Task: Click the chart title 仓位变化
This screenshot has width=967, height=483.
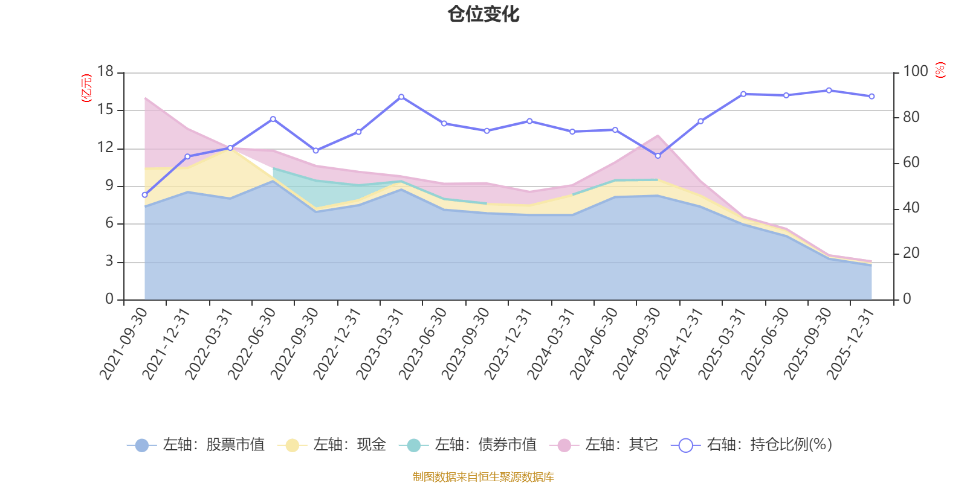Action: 483,14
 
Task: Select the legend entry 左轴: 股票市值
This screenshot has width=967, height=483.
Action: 196,446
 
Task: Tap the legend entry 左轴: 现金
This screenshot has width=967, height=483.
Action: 332,446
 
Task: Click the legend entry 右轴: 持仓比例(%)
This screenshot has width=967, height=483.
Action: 752,446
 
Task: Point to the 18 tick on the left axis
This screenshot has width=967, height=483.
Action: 105,72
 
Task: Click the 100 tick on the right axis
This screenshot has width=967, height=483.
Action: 916,72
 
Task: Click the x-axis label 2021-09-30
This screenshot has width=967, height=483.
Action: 124,343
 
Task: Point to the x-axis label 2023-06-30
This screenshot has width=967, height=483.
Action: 423,343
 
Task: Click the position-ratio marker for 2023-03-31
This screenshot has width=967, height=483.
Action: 401,97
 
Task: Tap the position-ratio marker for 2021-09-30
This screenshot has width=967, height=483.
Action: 144,195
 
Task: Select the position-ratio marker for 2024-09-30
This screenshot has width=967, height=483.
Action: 658,156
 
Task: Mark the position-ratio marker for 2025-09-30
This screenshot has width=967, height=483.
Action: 829,91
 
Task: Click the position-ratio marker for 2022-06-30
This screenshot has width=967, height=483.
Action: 273,119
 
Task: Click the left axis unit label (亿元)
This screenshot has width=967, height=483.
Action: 86,88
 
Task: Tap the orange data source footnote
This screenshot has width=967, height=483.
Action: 483,477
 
